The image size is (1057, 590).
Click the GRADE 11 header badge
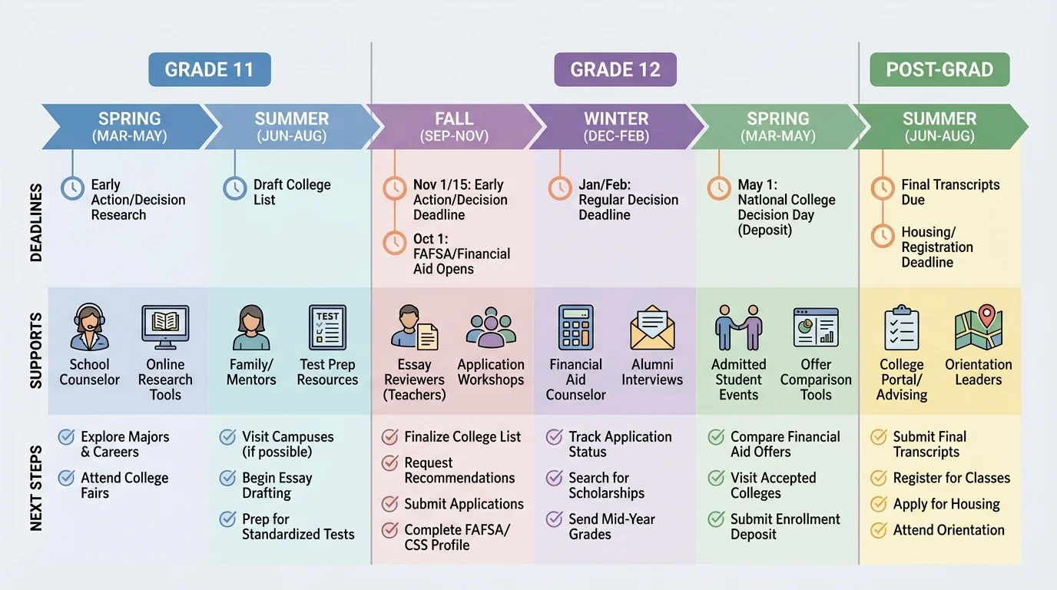[209, 70]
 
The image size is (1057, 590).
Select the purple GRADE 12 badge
[615, 70]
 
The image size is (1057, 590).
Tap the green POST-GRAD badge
[939, 70]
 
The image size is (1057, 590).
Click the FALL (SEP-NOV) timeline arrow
[454, 127]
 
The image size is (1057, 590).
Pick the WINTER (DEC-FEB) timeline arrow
[616, 127]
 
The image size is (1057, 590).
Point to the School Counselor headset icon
[90, 327]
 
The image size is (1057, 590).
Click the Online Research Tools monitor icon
[165, 327]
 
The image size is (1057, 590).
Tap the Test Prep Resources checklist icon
[327, 327]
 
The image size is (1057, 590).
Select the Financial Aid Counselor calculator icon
[575, 327]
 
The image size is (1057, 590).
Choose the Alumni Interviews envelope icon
[652, 327]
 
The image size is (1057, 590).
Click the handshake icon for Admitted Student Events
[738, 327]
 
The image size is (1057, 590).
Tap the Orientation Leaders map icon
[978, 327]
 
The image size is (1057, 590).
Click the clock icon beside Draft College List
[234, 188]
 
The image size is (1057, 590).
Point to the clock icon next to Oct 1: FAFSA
[394, 243]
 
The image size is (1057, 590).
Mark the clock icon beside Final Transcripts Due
[883, 187]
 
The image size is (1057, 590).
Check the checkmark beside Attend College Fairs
[66, 479]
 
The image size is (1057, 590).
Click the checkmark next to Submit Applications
[389, 504]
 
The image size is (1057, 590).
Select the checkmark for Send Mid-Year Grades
[554, 519]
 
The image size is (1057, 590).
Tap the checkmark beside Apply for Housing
[878, 504]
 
